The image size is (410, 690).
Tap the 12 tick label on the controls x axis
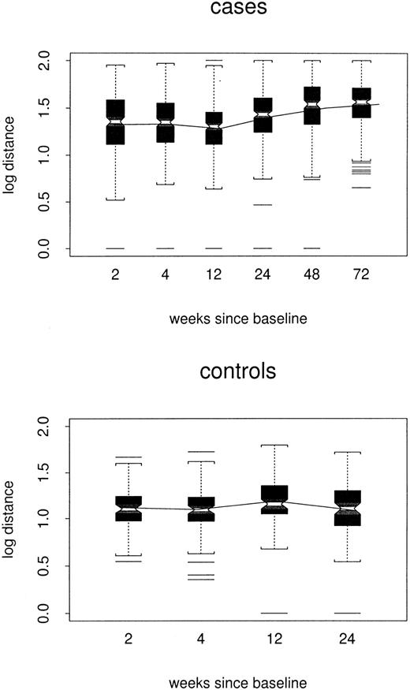click(274, 636)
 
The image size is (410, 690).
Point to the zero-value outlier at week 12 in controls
click(274, 613)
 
